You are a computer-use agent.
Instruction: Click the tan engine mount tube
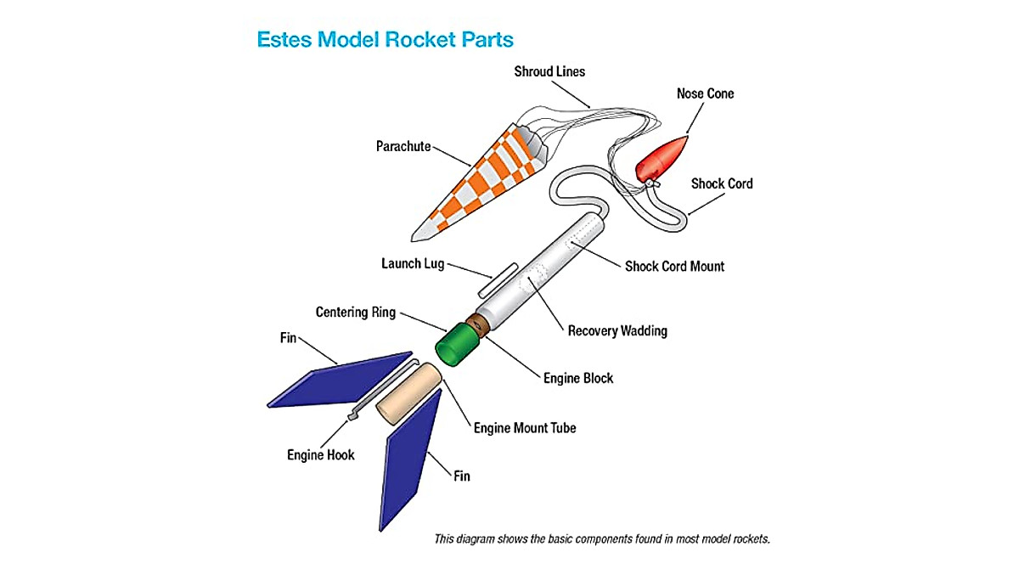[408, 394]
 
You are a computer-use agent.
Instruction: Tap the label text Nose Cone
[705, 93]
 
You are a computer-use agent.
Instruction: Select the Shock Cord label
[721, 183]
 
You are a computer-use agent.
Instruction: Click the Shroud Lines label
[549, 71]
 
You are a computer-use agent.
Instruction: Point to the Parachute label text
[403, 147]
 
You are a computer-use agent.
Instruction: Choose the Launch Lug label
[413, 264]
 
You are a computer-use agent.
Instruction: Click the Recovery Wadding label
[617, 330]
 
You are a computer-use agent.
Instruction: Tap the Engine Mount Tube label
[525, 428]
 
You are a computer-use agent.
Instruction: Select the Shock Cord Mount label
[674, 266]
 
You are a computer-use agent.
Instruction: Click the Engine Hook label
[320, 455]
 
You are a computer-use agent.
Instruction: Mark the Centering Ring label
[355, 313]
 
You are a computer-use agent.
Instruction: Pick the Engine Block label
[578, 378]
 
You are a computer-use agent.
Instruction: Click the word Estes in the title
[285, 39]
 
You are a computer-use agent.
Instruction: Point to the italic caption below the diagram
[601, 539]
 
